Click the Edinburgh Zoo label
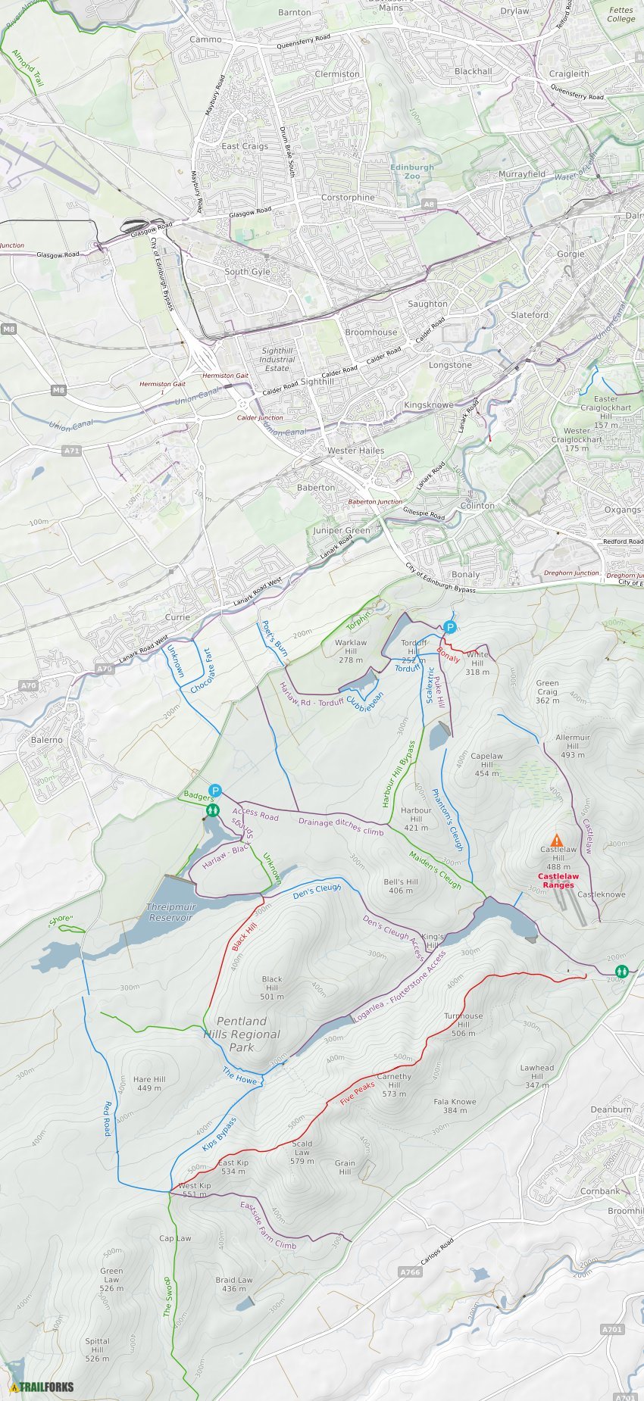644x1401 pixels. pyautogui.click(x=412, y=172)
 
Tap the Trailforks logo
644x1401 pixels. pyautogui.click(x=42, y=1387)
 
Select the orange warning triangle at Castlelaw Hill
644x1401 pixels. pyautogui.click(x=557, y=840)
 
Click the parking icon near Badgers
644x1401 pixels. pyautogui.click(x=215, y=791)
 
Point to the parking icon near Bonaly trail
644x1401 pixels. pyautogui.click(x=450, y=627)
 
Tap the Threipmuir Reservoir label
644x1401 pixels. pyautogui.click(x=171, y=912)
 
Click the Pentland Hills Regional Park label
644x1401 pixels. pyautogui.click(x=242, y=1034)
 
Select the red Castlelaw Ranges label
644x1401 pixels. pyautogui.click(x=558, y=880)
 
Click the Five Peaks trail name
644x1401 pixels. pyautogui.click(x=358, y=1093)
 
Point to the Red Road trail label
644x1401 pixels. pyautogui.click(x=108, y=1119)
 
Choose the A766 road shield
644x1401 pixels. pyautogui.click(x=410, y=1272)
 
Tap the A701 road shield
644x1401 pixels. pyautogui.click(x=612, y=1329)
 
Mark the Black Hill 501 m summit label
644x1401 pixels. pyautogui.click(x=272, y=988)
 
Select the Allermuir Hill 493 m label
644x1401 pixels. pyautogui.click(x=573, y=746)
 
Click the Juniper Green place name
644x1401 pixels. pyautogui.click(x=342, y=531)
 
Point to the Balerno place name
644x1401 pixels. pyautogui.click(x=47, y=740)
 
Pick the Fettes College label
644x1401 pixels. pyautogui.click(x=621, y=14)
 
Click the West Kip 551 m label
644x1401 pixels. pyautogui.click(x=195, y=1190)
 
